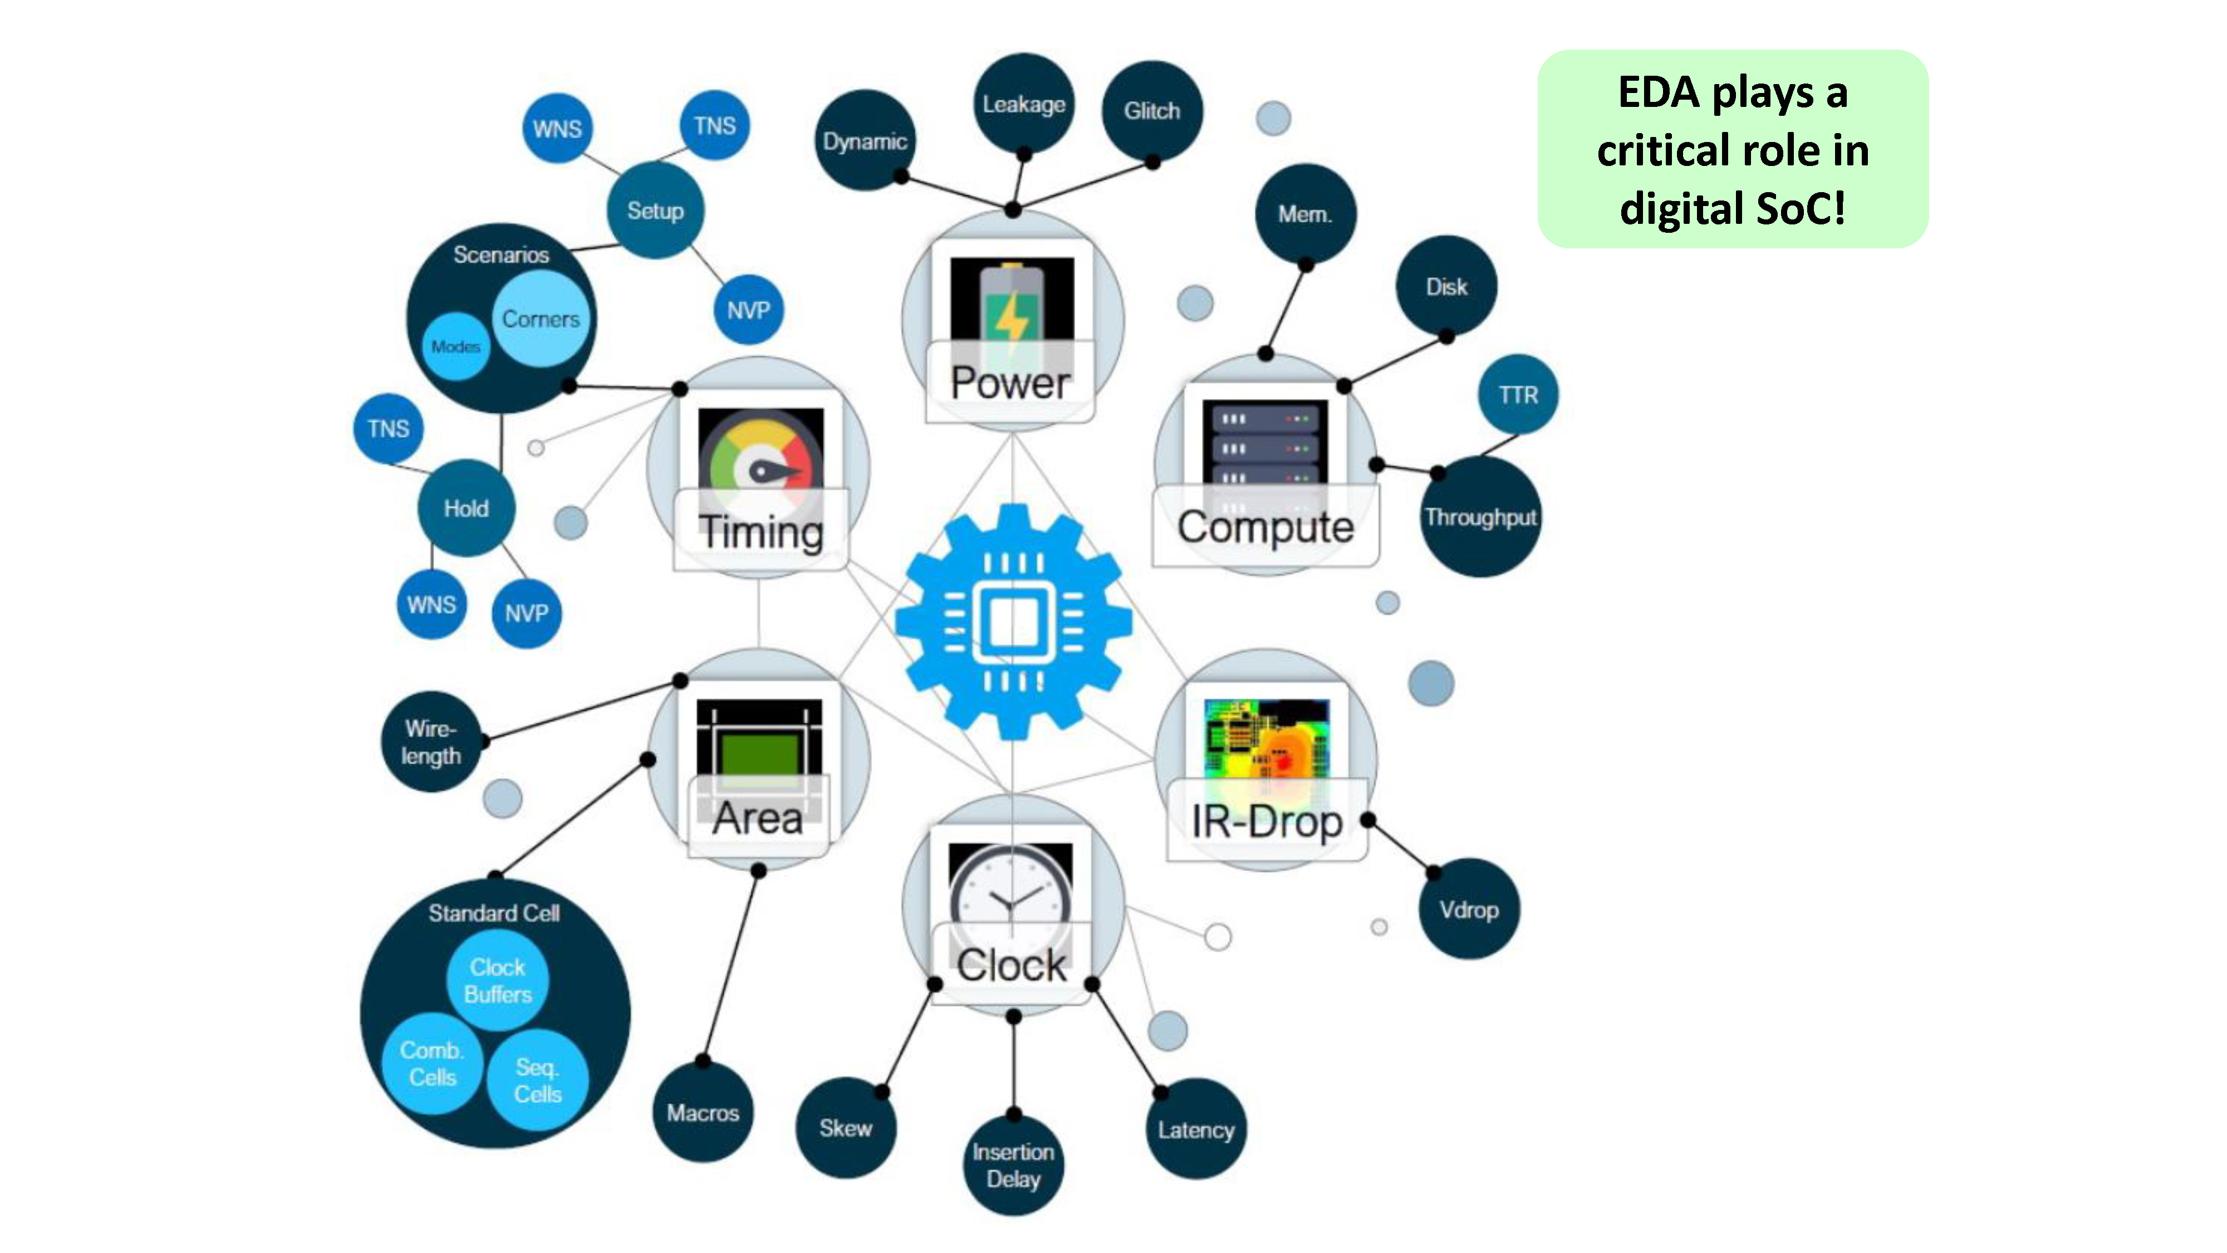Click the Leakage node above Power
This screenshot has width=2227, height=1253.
point(1024,104)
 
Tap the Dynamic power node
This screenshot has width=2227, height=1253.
point(865,140)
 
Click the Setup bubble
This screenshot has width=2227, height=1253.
point(655,210)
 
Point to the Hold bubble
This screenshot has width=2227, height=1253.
point(466,507)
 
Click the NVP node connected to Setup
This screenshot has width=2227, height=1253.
point(749,310)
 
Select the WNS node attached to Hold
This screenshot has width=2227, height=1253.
point(431,604)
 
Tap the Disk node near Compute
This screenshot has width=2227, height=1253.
point(1446,286)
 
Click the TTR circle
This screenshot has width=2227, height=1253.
point(1518,394)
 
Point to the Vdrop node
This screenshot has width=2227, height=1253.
point(1469,909)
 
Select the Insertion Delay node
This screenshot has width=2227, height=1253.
point(1013,1165)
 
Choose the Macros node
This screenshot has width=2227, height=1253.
point(703,1112)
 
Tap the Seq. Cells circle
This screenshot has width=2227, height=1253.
point(538,1080)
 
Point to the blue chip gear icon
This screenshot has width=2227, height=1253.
point(1013,621)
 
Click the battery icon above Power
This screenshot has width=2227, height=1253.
point(1012,302)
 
